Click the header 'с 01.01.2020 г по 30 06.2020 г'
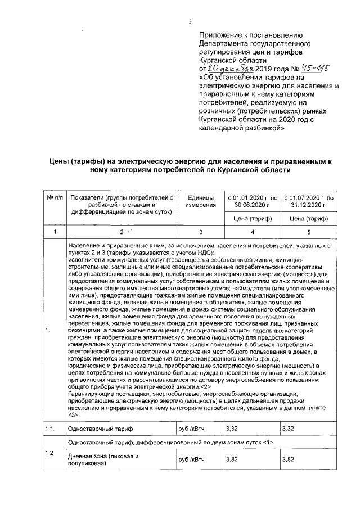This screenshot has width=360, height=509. (x=253, y=201)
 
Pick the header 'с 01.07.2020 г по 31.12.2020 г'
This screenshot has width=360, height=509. (x=309, y=201)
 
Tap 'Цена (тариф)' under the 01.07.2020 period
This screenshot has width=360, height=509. (x=309, y=219)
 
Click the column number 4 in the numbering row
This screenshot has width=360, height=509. (x=253, y=232)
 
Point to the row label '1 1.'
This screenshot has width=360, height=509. (x=50, y=429)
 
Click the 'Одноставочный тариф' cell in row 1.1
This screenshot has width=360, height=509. (x=92, y=430)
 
